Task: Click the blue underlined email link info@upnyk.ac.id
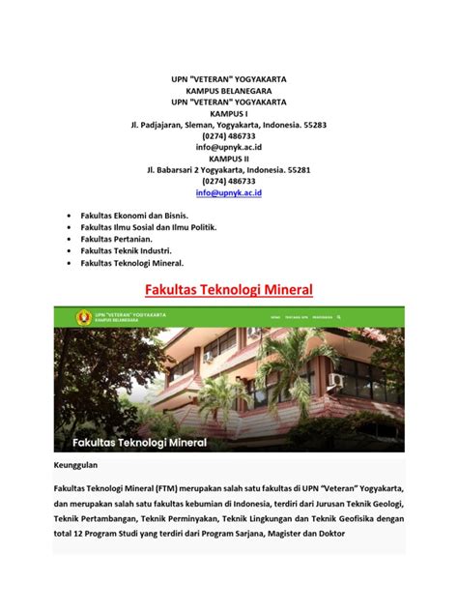coord(229,193)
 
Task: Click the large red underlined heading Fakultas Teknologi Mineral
coord(229,288)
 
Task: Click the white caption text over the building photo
coord(140,443)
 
